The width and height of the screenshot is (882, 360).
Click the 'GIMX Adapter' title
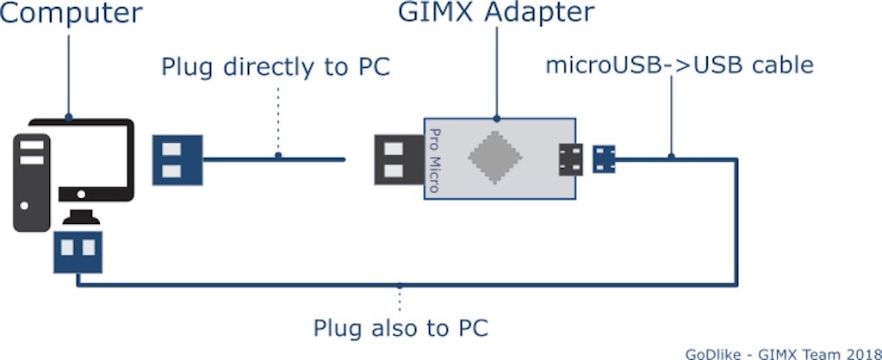coord(496,13)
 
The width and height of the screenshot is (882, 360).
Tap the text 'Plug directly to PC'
coord(276,67)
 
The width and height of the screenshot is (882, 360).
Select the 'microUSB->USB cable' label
coord(680,65)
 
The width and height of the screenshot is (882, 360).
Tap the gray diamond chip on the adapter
coord(495,158)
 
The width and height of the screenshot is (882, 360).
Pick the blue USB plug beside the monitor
coord(177,158)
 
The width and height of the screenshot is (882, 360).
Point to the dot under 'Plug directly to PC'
coord(277,156)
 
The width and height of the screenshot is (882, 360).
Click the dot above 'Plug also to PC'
coord(400,285)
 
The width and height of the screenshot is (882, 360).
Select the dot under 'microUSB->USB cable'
coord(672,156)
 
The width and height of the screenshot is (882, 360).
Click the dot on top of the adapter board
coord(496,117)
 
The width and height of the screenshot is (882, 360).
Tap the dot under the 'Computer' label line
coord(69,117)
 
